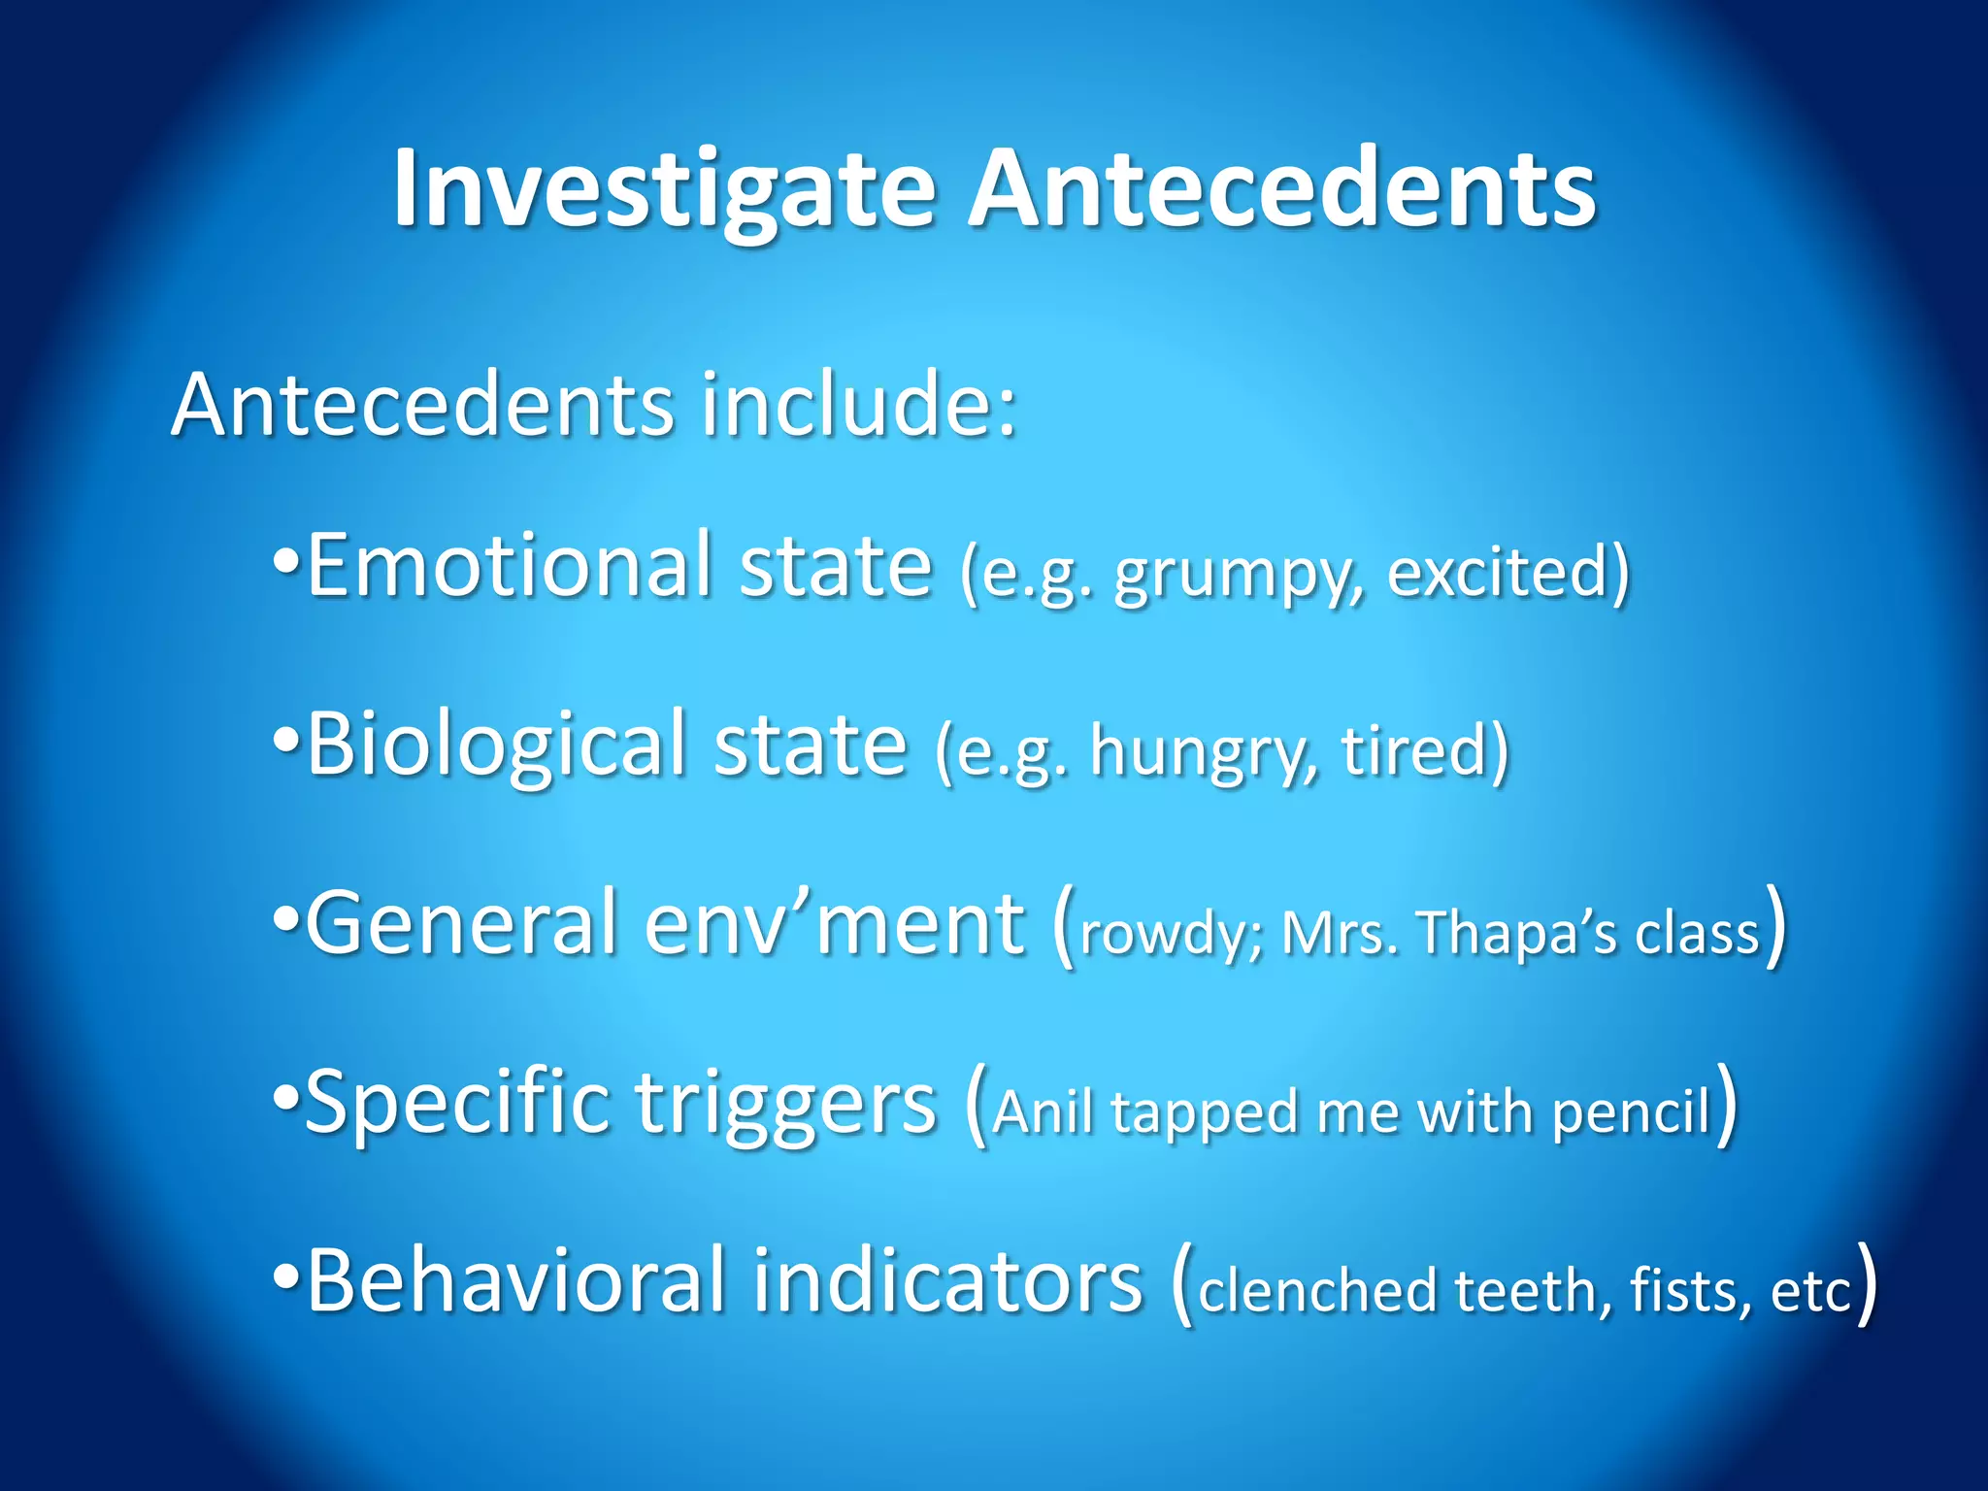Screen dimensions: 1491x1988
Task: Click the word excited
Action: click(x=1499, y=572)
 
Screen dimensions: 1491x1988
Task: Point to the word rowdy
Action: click(x=1169, y=935)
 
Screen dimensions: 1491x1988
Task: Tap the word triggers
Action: click(x=786, y=1105)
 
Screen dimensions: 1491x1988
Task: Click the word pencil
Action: click(x=1631, y=1112)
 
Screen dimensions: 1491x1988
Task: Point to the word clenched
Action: click(x=1317, y=1292)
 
